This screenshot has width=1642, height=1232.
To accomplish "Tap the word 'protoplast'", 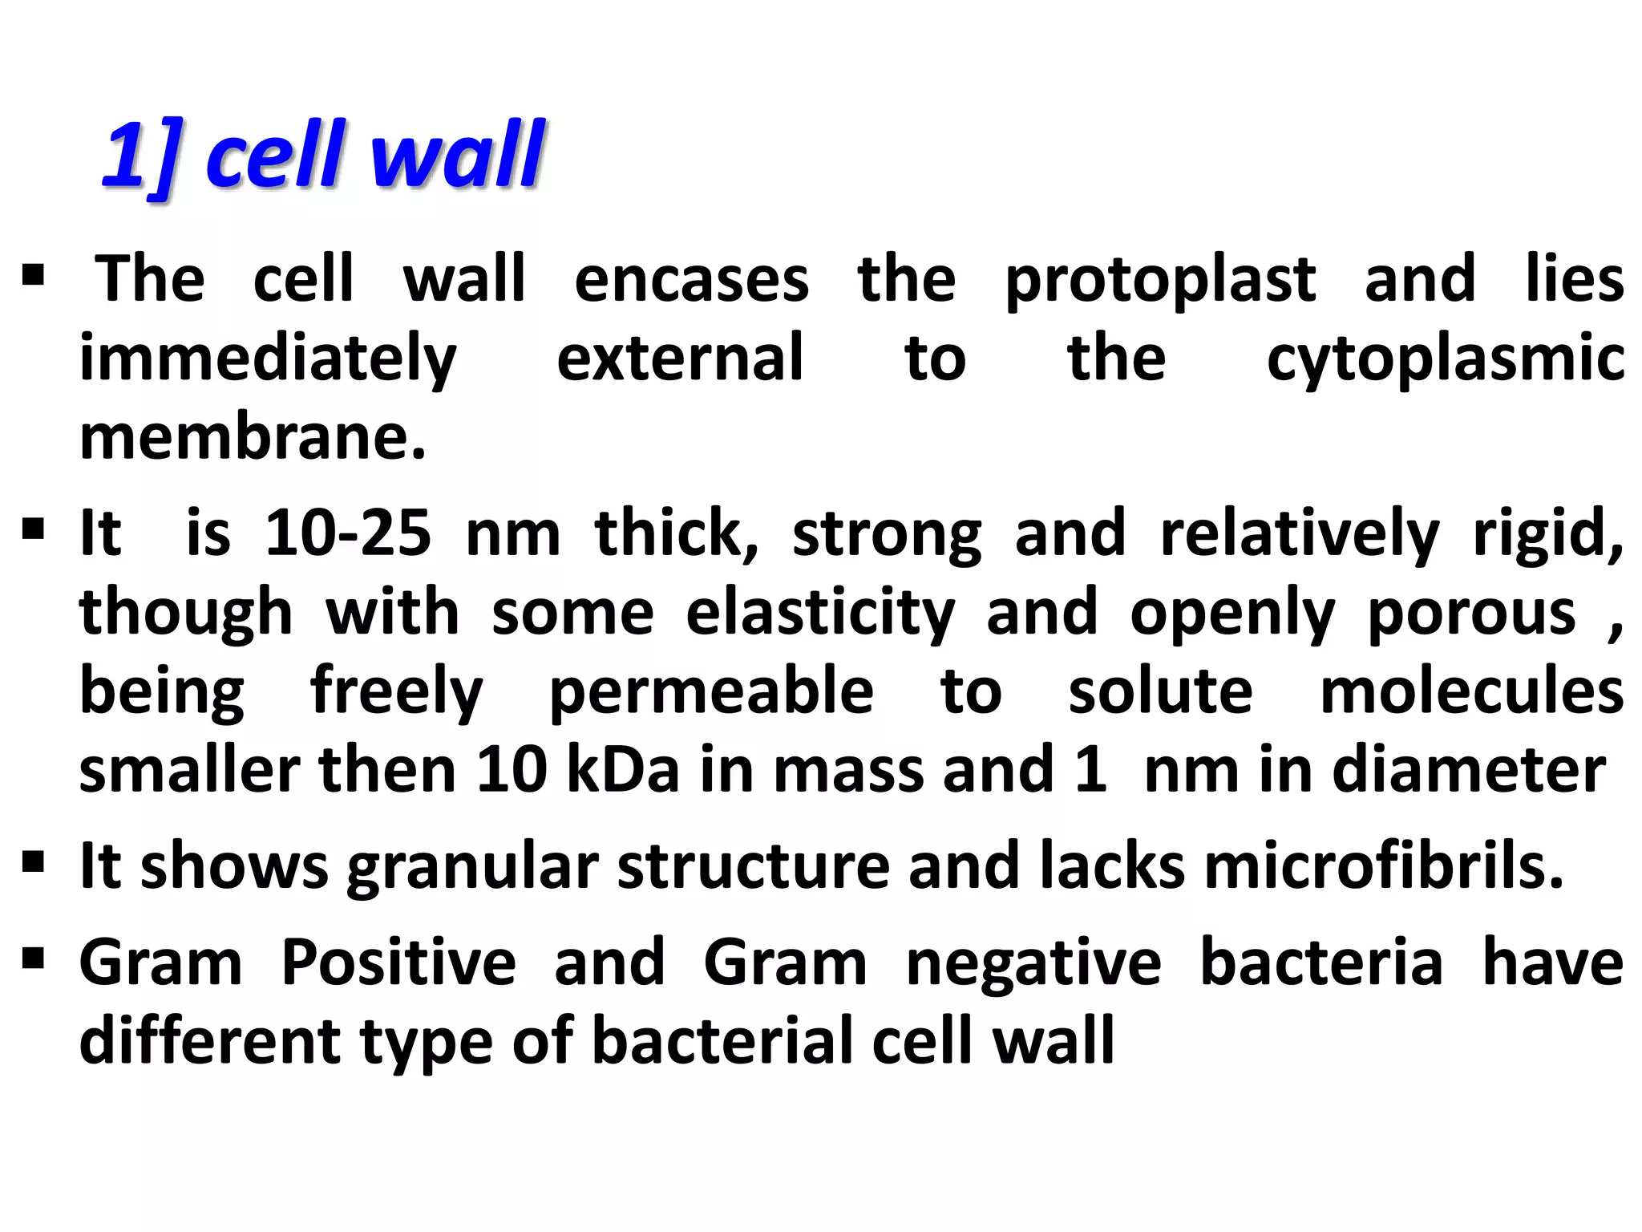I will (x=1159, y=281).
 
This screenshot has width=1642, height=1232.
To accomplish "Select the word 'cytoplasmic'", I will (x=1445, y=359).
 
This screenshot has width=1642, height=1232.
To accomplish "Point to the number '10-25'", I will (x=348, y=533).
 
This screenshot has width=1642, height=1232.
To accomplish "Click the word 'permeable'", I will (x=711, y=692).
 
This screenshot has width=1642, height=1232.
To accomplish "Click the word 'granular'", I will (x=472, y=866).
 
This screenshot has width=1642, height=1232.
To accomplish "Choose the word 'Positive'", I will (x=398, y=962).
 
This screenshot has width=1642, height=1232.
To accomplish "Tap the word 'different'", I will (x=210, y=1041).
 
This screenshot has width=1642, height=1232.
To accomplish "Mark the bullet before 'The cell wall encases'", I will (x=33, y=277).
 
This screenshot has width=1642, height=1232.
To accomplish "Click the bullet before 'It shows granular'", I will (x=33, y=864).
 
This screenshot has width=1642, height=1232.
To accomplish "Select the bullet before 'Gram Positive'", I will (x=33, y=958).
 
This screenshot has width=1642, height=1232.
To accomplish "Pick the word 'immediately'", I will (x=268, y=359).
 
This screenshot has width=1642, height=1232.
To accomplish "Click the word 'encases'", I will (x=691, y=281).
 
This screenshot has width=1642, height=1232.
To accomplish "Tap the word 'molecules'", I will (x=1471, y=692).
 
